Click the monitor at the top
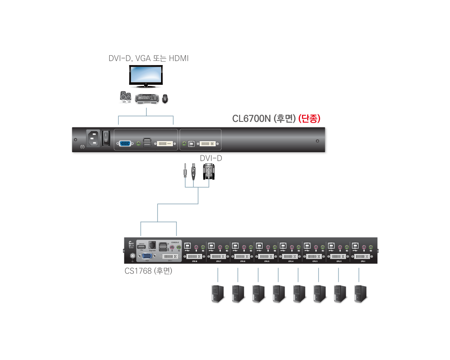pos(146,76)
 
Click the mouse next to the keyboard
pos(165,99)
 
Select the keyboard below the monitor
pos(147,99)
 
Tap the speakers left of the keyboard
pos(126,97)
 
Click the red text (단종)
pos(309,118)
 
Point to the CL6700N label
pos(264,118)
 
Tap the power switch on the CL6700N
pos(106,138)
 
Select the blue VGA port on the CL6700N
pos(126,144)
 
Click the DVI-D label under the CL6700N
pos(211,159)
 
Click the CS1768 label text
pos(148,271)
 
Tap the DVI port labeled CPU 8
pos(194,256)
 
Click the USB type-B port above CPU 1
pos(355,245)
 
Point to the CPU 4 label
pos(291,261)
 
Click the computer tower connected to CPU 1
pos(361,294)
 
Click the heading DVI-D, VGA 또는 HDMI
pos(148,58)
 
